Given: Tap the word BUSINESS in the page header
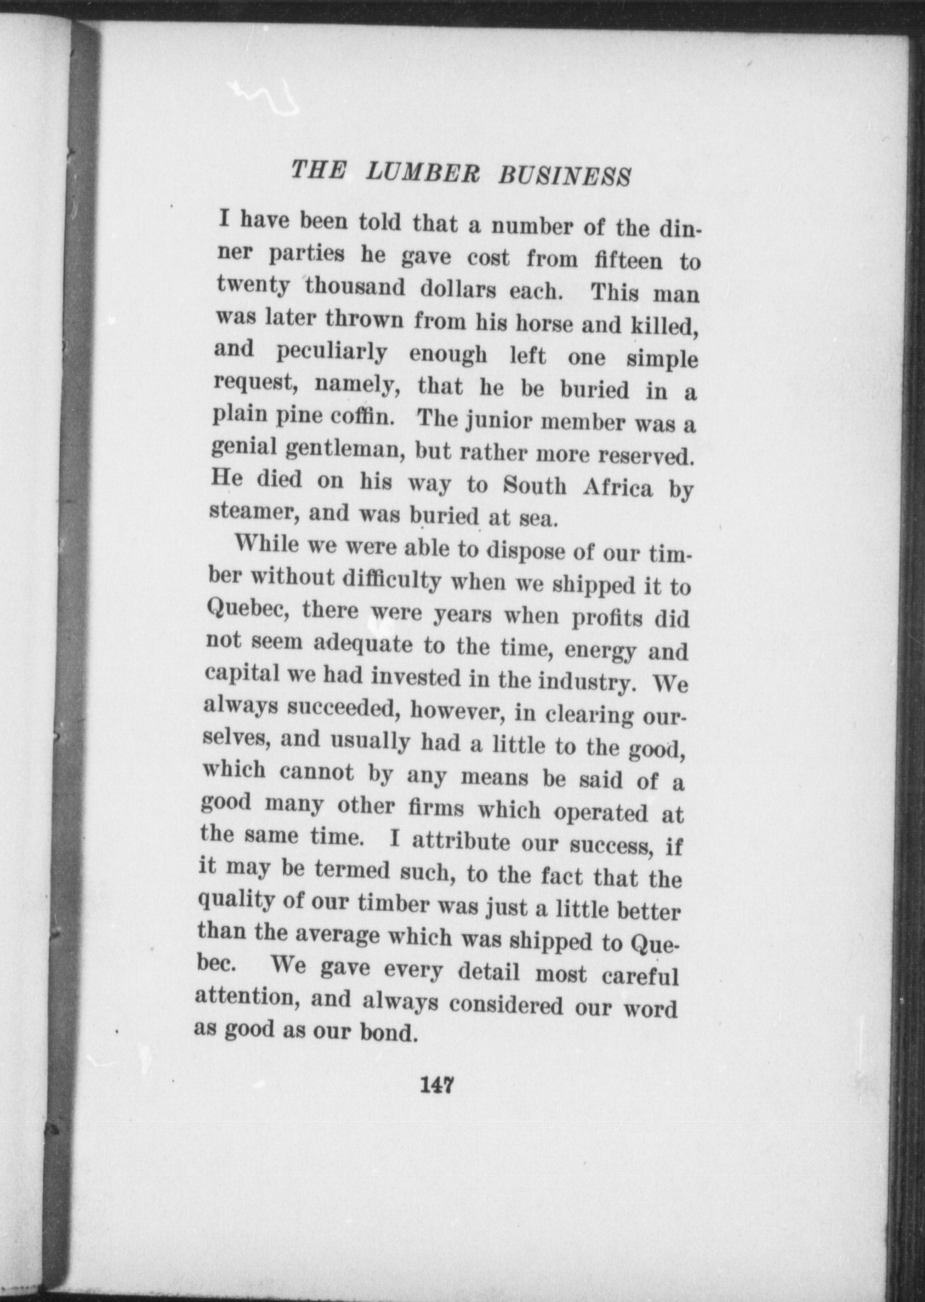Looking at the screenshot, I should [x=564, y=176].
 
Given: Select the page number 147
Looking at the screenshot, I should [x=438, y=1084].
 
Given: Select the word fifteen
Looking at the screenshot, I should [x=628, y=260].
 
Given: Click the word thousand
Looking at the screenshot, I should [x=356, y=287].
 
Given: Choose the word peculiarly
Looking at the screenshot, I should [x=331, y=352].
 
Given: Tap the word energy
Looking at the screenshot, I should [x=600, y=650].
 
